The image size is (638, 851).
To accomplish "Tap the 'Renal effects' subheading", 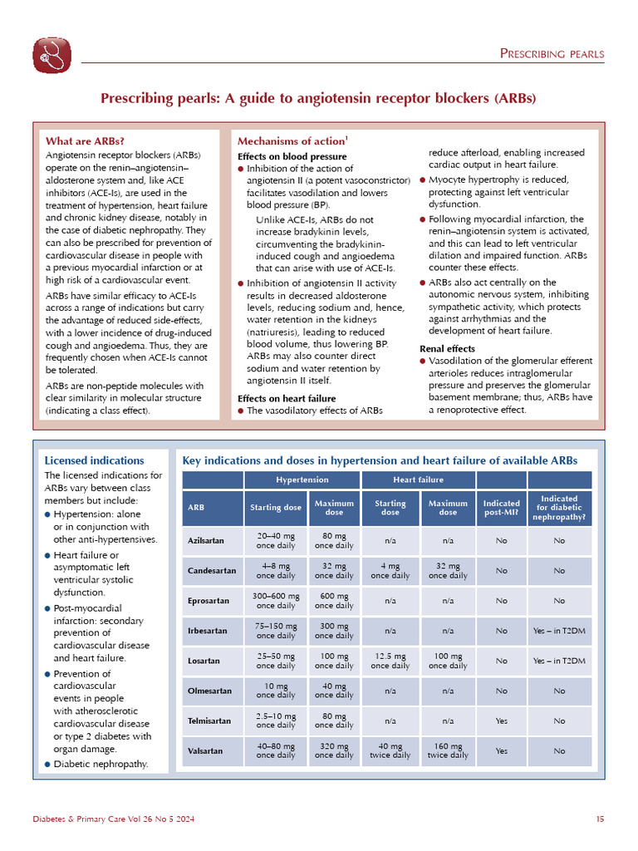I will coord(448,349).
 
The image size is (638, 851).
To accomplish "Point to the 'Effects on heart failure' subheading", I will coord(287,398).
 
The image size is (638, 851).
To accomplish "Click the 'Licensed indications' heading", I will coord(94,460).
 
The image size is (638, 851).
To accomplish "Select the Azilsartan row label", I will coord(206,541).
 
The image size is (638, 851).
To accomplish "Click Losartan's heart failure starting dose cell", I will coord(390,661).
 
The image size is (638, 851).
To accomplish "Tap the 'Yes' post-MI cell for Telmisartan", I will coord(501,721).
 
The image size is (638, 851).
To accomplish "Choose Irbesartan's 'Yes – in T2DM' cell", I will coord(559,631).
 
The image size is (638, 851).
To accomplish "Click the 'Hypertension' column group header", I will coord(302,480).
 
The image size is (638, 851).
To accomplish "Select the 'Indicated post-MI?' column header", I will coord(501,508).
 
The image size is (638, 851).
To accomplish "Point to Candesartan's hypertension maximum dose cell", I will coord(334,571).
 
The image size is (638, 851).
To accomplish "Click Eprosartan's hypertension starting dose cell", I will coord(276,601).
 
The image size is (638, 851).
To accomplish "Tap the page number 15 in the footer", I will coord(600,819).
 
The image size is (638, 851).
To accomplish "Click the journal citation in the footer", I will coord(114,819).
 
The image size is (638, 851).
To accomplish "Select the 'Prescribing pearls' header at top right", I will coord(552,55).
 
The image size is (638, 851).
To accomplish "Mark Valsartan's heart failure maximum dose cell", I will coord(447,750).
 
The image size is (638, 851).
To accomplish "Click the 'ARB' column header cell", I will coord(197,508).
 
